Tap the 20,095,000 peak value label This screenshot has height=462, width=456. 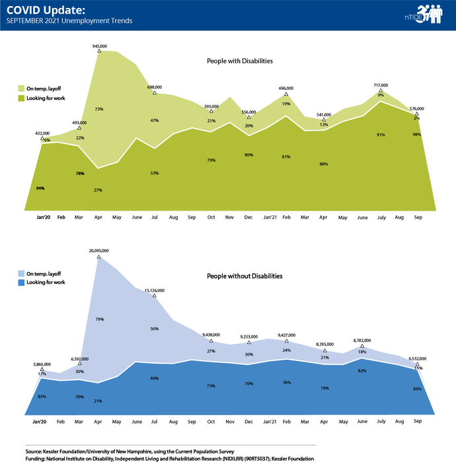click(98, 251)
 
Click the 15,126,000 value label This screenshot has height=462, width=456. click(155, 290)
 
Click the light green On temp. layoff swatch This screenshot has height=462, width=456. click(20, 88)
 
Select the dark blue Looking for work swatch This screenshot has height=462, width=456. click(20, 282)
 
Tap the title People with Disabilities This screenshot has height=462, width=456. click(240, 61)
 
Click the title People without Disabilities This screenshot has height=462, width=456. click(245, 276)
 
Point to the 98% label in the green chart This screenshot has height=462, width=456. click(417, 135)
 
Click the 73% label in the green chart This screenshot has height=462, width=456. click(98, 109)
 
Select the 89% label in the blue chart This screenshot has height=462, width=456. click(417, 389)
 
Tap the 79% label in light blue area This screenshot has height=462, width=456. click(98, 319)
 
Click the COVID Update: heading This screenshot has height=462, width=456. click(39, 10)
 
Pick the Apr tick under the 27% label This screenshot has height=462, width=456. click(98, 216)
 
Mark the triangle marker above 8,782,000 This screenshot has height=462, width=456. click(362, 346)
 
